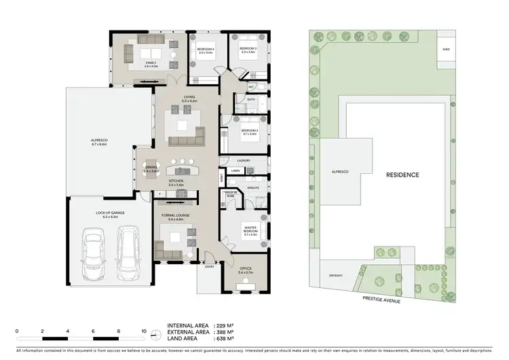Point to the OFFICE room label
coord(245,270)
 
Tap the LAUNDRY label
coord(244,160)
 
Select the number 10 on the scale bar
coord(144,331)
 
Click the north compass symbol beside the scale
coord(157,334)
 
